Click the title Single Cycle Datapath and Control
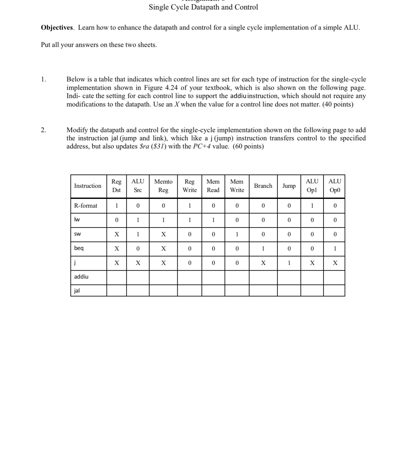(x=203, y=7)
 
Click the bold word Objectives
(x=57, y=28)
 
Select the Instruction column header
(x=88, y=186)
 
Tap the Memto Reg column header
(x=163, y=186)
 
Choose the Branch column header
(x=263, y=186)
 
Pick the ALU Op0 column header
(x=335, y=186)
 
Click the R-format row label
(x=86, y=206)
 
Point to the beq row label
(x=79, y=248)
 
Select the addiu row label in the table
(x=81, y=277)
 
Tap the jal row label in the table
(x=77, y=291)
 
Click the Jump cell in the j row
(x=289, y=263)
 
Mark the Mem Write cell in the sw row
(x=237, y=234)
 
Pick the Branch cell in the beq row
(x=263, y=249)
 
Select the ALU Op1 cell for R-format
(x=312, y=206)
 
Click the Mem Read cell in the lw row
(x=213, y=220)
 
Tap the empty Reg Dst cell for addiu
(x=116, y=277)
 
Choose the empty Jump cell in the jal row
(x=289, y=291)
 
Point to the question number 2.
(x=44, y=130)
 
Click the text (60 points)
(x=248, y=147)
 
